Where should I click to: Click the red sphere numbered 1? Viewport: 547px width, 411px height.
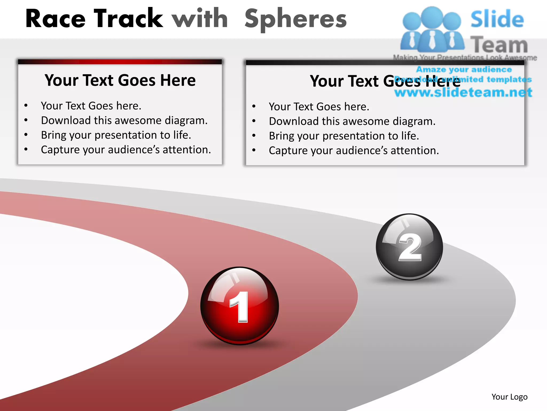[x=240, y=306]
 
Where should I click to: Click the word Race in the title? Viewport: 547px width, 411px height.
[x=56, y=19]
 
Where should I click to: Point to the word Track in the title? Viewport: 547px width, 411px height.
[x=128, y=19]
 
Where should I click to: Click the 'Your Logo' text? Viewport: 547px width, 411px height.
[x=509, y=397]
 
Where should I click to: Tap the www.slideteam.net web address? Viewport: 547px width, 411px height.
[x=463, y=92]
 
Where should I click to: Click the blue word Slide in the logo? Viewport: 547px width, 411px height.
[x=497, y=19]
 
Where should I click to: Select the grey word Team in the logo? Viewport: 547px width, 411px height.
[x=499, y=45]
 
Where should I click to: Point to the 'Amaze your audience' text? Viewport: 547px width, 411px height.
[x=464, y=70]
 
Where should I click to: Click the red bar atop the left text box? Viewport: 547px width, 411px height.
[x=120, y=62]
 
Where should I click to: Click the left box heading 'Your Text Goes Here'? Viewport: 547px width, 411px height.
[x=120, y=80]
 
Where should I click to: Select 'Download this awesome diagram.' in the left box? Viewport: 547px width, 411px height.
[x=124, y=120]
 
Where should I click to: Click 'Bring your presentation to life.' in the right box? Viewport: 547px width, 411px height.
[x=344, y=136]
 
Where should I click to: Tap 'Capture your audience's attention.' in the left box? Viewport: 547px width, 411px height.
[x=126, y=150]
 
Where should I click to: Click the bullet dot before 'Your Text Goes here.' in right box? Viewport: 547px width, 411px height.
[x=254, y=106]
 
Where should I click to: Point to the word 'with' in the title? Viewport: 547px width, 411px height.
[x=200, y=19]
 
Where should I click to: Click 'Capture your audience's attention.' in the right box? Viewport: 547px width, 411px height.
[x=354, y=151]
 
